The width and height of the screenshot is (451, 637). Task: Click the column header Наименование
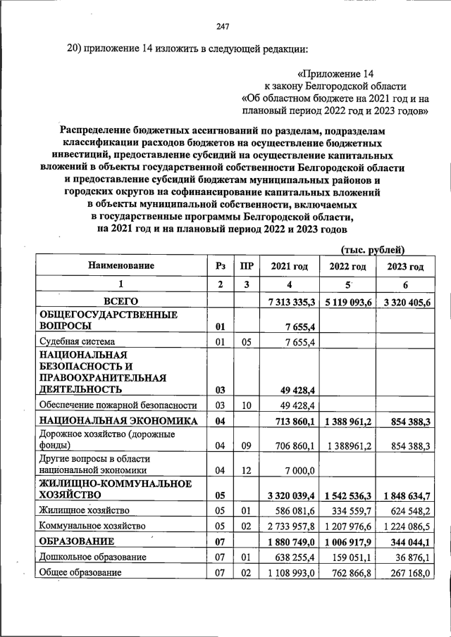pos(121,266)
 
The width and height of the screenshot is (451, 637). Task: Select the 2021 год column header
pos(290,267)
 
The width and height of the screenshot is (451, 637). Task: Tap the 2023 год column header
pos(405,267)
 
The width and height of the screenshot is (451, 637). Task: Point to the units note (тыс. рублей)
pos(373,249)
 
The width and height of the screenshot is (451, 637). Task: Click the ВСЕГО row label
pos(121,301)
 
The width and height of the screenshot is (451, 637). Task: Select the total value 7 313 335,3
pos(290,302)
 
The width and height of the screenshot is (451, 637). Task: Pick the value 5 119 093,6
pos(348,302)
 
